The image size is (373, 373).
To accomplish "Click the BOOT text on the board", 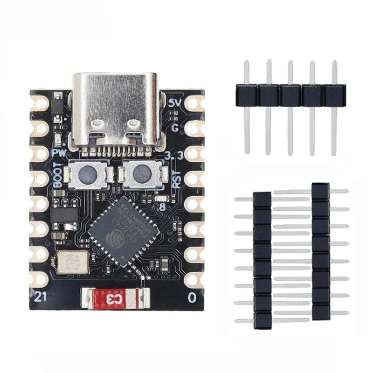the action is [58, 174].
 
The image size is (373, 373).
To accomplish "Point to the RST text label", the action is [176, 180].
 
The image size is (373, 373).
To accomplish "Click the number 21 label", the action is [41, 295].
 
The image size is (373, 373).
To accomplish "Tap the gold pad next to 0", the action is [193, 279].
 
